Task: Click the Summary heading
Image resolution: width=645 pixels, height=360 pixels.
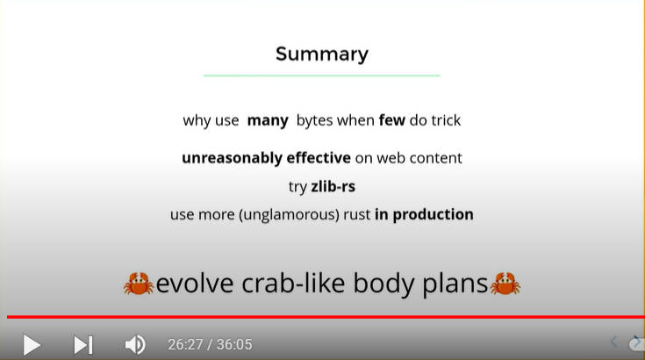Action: click(x=322, y=54)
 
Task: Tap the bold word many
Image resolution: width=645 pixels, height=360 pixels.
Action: click(x=268, y=121)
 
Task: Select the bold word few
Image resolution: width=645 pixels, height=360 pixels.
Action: click(x=392, y=120)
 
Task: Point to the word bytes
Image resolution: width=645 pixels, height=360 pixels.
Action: click(x=315, y=121)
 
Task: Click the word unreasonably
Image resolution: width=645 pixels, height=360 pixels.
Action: click(x=232, y=158)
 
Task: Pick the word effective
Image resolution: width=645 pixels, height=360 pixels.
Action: click(x=319, y=157)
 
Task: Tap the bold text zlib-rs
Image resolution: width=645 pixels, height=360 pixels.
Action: click(x=333, y=187)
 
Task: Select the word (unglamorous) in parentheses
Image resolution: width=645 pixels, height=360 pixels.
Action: click(x=290, y=215)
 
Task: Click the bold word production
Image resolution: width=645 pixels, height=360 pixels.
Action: click(x=434, y=215)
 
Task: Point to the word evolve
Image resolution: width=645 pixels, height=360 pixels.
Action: click(x=195, y=284)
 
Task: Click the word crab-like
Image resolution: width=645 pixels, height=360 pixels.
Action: click(x=293, y=283)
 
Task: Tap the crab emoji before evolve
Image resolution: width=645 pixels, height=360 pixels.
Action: click(x=139, y=284)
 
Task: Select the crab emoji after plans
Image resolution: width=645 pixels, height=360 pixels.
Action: click(x=505, y=284)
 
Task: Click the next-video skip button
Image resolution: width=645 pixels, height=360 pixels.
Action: click(x=83, y=345)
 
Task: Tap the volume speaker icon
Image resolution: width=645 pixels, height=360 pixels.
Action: click(x=135, y=345)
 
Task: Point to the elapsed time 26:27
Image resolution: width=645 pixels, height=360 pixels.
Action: click(x=185, y=345)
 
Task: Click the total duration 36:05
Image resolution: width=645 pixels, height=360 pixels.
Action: click(x=234, y=345)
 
